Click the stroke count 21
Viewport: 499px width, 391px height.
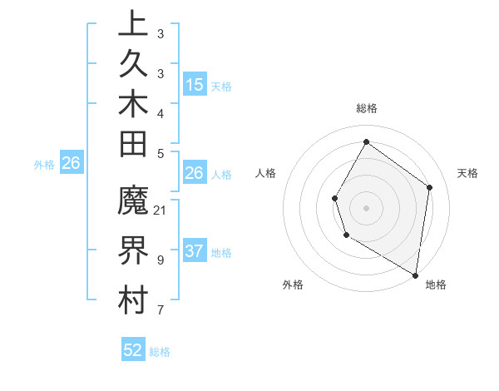pos(161,210)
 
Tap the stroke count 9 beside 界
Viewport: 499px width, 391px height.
pos(161,260)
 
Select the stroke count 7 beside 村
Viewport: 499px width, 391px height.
pos(161,310)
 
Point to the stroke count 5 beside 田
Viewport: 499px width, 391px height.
pos(161,152)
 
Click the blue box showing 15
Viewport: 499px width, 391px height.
pos(195,84)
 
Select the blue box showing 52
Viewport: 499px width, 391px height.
pos(133,350)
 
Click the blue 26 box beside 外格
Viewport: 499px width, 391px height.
pos(72,164)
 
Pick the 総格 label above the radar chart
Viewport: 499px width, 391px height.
pos(367,108)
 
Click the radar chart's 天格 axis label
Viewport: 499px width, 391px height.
pos(468,173)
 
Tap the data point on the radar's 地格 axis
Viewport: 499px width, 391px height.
pos(416,275)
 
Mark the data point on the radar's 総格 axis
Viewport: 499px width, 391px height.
pos(366,141)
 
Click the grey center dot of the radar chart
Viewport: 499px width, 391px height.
pos(366,207)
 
